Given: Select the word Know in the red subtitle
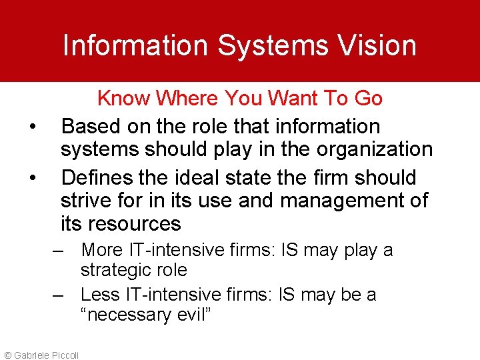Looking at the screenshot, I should [x=123, y=99].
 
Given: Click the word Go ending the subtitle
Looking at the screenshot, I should [x=368, y=99].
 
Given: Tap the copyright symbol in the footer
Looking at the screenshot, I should [x=7, y=355].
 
